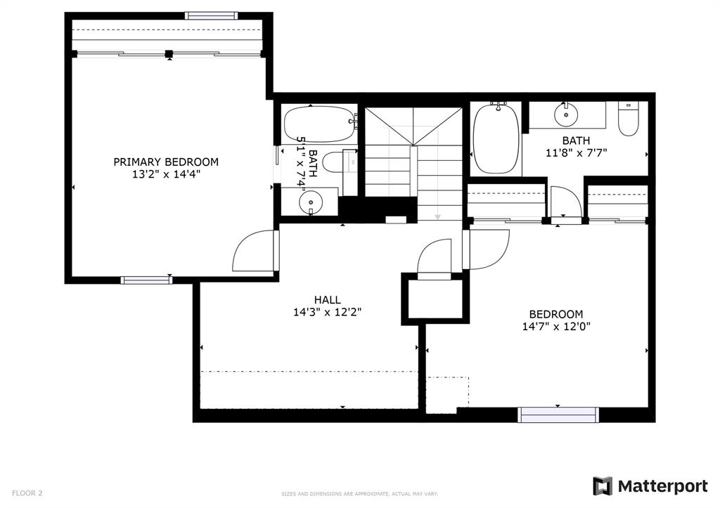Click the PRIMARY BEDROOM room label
pos(166,162)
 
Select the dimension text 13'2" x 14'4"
pos(166,175)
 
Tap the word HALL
pos(328,300)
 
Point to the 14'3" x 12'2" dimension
pos(328,313)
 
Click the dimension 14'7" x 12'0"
pos(556,326)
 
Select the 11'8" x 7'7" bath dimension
pos(576,152)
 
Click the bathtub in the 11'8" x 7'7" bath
pos(496,138)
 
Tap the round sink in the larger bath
pos(565,112)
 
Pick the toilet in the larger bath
pos(627,118)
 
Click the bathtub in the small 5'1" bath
pos(319,124)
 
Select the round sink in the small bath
pos(309,203)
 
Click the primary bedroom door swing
pos(255,252)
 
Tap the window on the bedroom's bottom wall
pos(558,415)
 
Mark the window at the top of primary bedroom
pos(211,15)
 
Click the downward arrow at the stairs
pos(437,216)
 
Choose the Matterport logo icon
pos(603,486)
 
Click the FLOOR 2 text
pos(26,493)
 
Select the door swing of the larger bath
pos(566,202)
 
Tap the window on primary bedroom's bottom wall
pos(146,280)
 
